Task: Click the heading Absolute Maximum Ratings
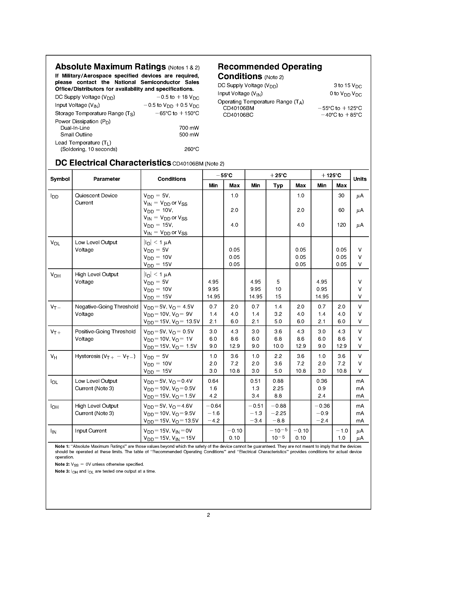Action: click(110, 67)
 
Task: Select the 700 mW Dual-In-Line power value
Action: click(189, 128)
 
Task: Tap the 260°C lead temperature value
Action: click(192, 149)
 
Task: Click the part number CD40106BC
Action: click(238, 115)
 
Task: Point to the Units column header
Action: click(360, 179)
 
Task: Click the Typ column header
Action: click(278, 185)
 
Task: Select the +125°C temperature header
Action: click(331, 175)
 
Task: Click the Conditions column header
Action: click(171, 179)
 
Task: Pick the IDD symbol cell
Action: click(54, 196)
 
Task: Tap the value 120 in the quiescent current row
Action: click(341, 225)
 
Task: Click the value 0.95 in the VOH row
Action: click(321, 289)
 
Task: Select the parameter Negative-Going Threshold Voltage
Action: click(106, 310)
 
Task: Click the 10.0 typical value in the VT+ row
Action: click(278, 346)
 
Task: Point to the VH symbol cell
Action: click(54, 357)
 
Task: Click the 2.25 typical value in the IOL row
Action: click(278, 388)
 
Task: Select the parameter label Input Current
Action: click(90, 431)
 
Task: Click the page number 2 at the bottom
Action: click(208, 515)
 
